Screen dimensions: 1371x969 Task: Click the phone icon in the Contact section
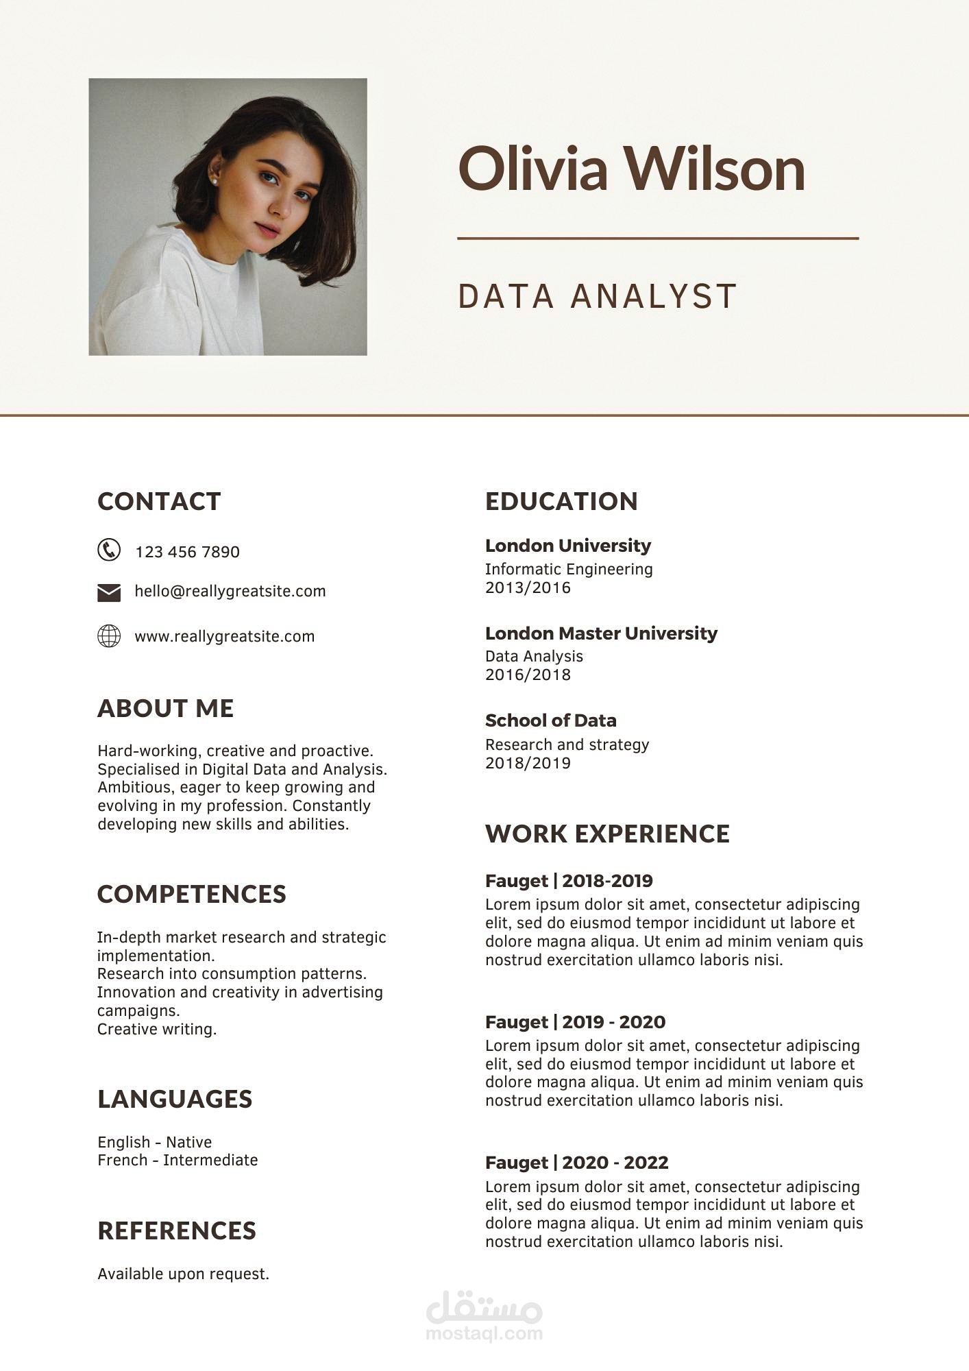tap(109, 550)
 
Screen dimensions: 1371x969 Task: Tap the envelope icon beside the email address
tap(109, 592)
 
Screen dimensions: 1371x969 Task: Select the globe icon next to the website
tap(109, 636)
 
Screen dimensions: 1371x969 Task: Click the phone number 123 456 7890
tap(187, 552)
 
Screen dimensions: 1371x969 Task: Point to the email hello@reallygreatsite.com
tap(230, 591)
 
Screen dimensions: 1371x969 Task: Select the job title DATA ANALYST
tap(597, 296)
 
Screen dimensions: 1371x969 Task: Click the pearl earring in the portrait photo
tap(213, 181)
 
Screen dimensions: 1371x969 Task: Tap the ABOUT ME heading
tap(166, 708)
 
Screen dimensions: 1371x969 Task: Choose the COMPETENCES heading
tap(192, 894)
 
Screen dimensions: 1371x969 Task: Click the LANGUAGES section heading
tap(175, 1099)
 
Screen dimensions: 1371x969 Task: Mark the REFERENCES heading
tap(177, 1230)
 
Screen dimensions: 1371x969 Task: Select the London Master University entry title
tap(601, 633)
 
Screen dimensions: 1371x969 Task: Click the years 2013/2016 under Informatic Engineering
tap(528, 587)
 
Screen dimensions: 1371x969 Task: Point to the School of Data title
tap(550, 720)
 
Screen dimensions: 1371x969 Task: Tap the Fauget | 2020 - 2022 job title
tap(576, 1163)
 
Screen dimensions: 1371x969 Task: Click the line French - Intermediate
tap(177, 1160)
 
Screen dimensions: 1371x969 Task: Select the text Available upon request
tap(183, 1274)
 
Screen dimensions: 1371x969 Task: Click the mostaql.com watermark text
tap(484, 1333)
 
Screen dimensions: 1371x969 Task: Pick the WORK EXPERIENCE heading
tap(607, 834)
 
